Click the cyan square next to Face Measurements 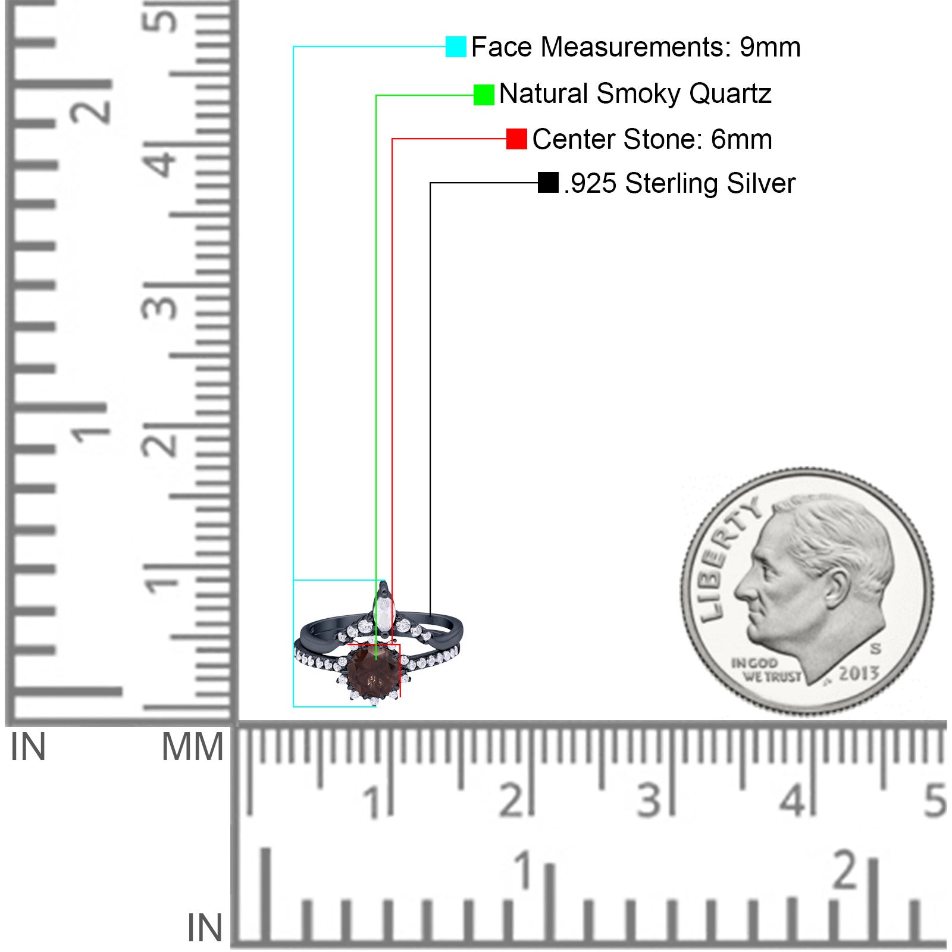coord(456,46)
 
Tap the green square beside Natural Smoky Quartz coord(484,95)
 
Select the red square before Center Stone coord(516,139)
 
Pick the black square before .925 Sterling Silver coord(548,183)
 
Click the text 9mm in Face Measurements coord(770,47)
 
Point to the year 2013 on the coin coord(859,673)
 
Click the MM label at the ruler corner coord(192,747)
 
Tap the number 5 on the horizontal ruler coord(935,800)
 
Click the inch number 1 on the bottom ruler coord(524,870)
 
